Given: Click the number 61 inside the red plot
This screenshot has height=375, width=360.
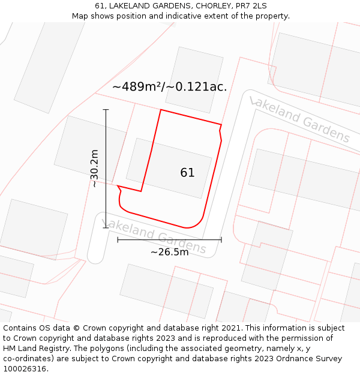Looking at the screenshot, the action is click(187, 173).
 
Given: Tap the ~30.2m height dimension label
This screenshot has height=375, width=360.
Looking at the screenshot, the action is click(95, 169).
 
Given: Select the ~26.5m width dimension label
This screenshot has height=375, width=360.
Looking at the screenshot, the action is click(169, 252).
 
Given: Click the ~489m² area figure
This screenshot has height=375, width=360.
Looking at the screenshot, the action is click(137, 87).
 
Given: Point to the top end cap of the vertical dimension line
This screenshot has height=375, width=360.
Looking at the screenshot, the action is click(106, 110).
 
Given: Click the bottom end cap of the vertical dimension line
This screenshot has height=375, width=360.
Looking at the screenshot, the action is click(106, 228).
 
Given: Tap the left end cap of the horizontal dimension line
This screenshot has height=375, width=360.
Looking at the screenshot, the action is click(118, 239).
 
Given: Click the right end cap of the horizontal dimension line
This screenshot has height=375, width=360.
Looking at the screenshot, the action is click(221, 239).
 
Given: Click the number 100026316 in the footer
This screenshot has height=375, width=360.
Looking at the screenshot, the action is click(24, 369).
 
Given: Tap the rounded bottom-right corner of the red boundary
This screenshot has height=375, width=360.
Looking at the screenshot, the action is click(198, 223).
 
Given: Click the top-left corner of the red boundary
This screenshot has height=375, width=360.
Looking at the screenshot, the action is click(160, 110).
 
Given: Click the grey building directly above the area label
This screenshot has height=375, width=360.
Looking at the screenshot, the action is click(193, 78).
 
